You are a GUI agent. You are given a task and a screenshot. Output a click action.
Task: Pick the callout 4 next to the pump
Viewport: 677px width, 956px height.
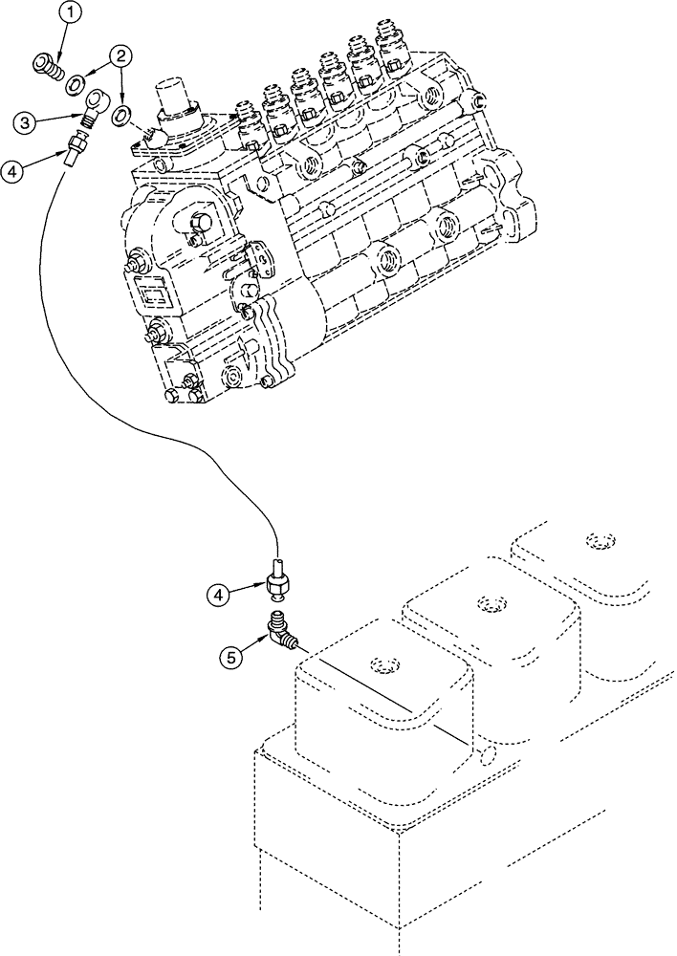tap(12, 172)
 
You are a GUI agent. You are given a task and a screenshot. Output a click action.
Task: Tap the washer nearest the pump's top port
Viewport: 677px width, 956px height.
tap(122, 116)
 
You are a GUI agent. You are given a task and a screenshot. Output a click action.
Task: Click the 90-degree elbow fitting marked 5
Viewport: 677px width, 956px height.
tap(283, 634)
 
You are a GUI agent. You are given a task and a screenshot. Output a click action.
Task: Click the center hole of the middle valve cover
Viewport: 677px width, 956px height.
tap(491, 603)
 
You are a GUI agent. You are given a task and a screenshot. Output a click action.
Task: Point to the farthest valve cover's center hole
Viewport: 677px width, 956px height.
tap(599, 542)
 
